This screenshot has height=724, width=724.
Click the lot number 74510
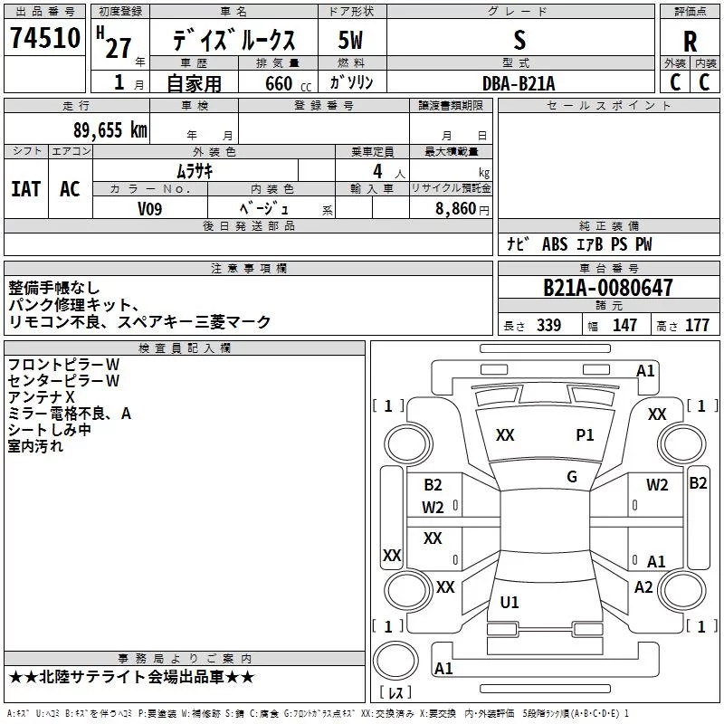tap(45, 38)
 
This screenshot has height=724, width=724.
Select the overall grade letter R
tap(690, 42)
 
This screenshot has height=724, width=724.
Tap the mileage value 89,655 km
tap(110, 130)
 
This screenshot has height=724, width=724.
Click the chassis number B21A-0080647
tap(607, 288)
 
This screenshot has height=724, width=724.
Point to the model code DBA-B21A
tap(519, 83)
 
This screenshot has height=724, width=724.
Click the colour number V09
tap(149, 209)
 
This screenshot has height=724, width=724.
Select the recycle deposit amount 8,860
tap(455, 208)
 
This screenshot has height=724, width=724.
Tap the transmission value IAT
tap(26, 189)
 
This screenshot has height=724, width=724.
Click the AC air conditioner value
tap(70, 189)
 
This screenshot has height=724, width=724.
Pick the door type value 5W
tap(350, 40)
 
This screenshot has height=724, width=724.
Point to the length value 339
tap(548, 325)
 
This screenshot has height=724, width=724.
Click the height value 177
tap(697, 325)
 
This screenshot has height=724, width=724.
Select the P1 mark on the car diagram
tap(585, 435)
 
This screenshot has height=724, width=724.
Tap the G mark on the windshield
tap(572, 477)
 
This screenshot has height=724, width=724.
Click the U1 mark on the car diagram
tap(510, 602)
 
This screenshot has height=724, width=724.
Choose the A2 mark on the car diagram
tap(643, 587)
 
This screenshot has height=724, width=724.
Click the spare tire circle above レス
tap(395, 662)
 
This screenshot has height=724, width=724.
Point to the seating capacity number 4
tap(377, 171)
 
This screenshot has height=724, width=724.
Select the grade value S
tap(519, 40)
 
